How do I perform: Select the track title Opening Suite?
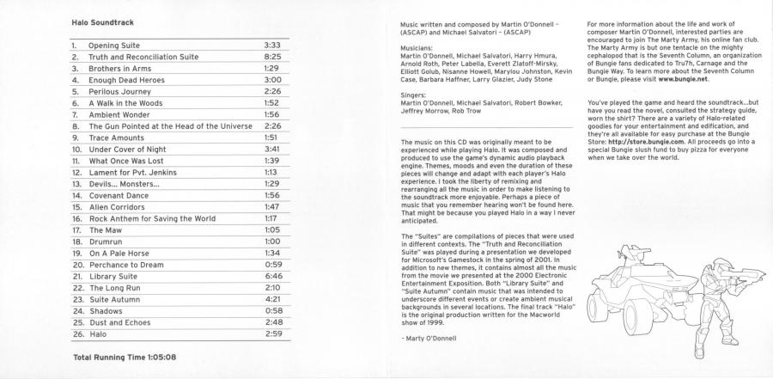pyautogui.click(x=116, y=44)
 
